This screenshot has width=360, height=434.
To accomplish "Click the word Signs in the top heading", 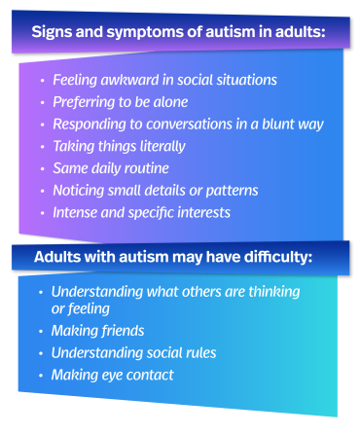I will [52, 32].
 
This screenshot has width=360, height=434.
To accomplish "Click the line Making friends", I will [98, 331].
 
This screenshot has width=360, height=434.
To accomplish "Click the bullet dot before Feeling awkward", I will [41, 80].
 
